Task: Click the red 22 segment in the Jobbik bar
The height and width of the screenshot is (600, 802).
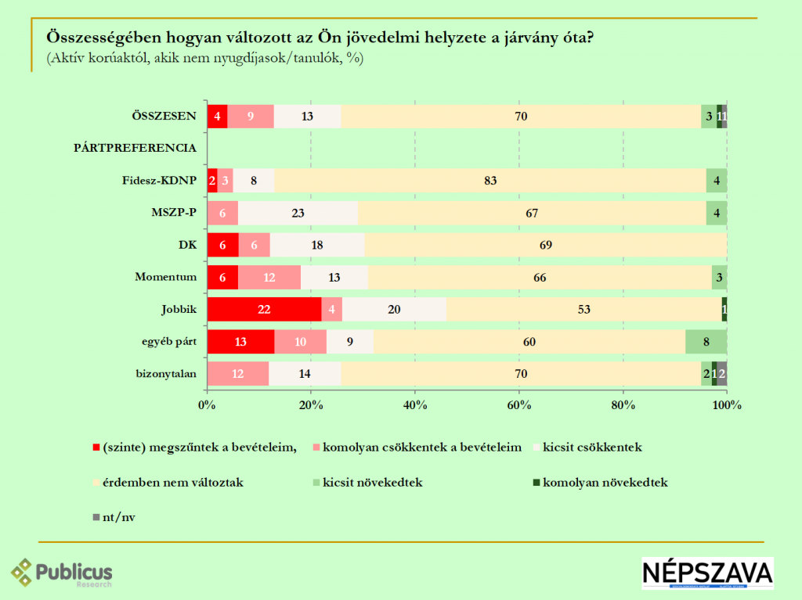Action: point(264,309)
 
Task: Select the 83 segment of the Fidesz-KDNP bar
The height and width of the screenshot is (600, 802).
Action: point(490,180)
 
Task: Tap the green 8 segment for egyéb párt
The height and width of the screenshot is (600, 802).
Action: point(706,342)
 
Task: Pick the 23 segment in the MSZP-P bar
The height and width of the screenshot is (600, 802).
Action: point(298,213)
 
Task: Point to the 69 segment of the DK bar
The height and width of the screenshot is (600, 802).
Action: point(545,245)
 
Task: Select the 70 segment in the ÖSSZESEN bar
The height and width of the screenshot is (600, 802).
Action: point(521,117)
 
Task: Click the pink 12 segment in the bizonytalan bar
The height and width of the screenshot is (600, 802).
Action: point(238,374)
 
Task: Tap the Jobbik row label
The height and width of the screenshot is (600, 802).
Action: point(179,309)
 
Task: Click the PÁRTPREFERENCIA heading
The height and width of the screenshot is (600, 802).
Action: point(135,148)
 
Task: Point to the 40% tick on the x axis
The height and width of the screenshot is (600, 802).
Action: point(414,404)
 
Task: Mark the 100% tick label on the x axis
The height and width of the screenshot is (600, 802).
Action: point(726,404)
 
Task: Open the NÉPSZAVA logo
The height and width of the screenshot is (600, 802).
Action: point(706,573)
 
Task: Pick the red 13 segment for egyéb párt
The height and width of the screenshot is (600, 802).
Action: point(240,342)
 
